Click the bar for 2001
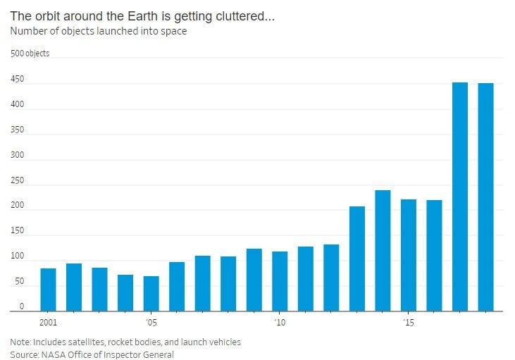[48, 290]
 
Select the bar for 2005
[151, 293]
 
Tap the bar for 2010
[280, 281]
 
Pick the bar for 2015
[409, 255]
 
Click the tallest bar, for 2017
[460, 197]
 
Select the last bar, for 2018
[485, 197]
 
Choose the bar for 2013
[357, 259]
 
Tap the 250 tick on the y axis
[17, 180]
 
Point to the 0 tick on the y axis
[22, 306]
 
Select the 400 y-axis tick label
[17, 105]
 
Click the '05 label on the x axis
[150, 323]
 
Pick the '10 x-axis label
[280, 323]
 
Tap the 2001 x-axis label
[48, 323]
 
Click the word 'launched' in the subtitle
[111, 31]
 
